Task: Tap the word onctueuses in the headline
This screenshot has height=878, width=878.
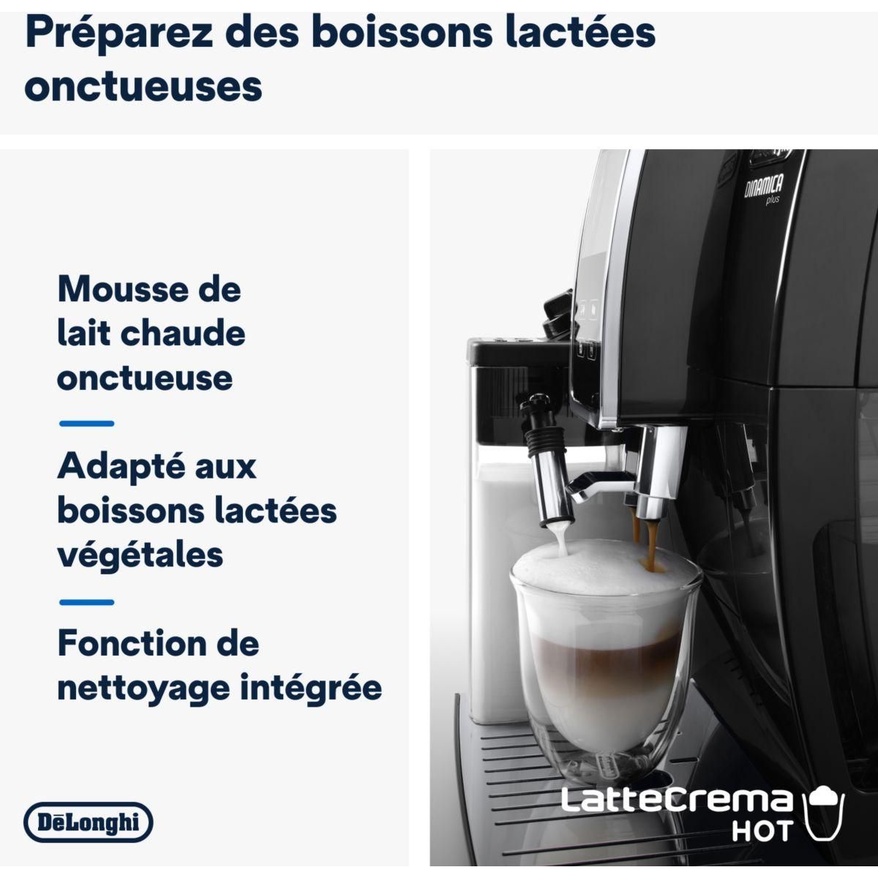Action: [x=143, y=86]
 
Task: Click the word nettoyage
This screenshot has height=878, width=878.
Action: [x=142, y=688]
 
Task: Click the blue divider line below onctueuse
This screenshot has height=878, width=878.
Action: [x=86, y=423]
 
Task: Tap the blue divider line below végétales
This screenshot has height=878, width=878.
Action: [x=86, y=602]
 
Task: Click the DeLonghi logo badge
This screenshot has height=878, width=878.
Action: [x=88, y=822]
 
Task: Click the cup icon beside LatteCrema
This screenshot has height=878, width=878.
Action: [x=825, y=812]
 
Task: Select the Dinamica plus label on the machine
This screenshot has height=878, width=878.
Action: [x=763, y=190]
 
